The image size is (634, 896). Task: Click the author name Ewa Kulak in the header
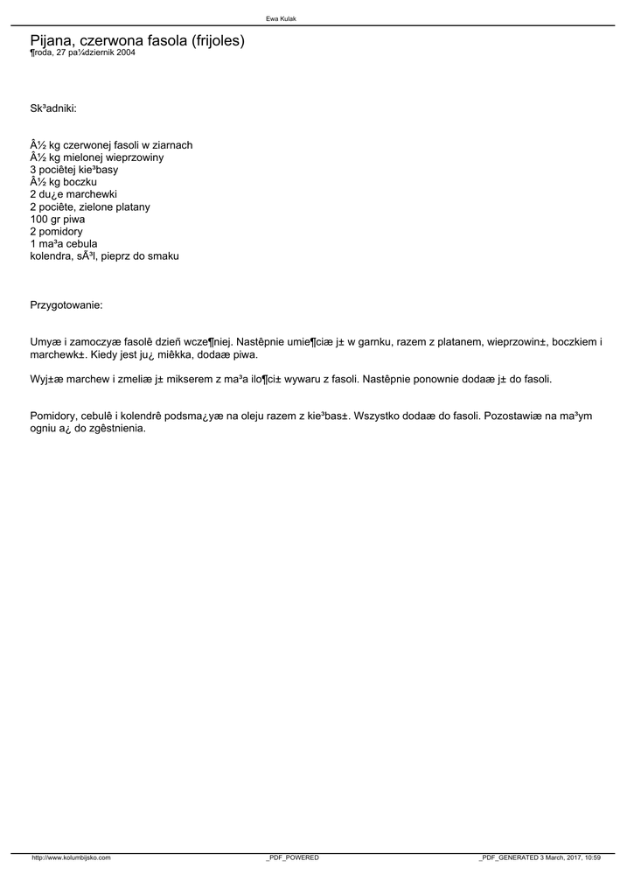click(281, 18)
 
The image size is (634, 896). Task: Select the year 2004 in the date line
click(125, 52)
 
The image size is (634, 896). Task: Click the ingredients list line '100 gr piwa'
click(58, 219)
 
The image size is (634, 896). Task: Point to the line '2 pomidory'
click(56, 231)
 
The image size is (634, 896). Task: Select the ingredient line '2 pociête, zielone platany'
click(90, 206)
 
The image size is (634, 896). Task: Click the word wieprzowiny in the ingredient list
click(136, 157)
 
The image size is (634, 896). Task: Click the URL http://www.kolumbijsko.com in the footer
click(71, 857)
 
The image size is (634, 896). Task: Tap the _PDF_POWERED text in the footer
click(292, 857)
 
